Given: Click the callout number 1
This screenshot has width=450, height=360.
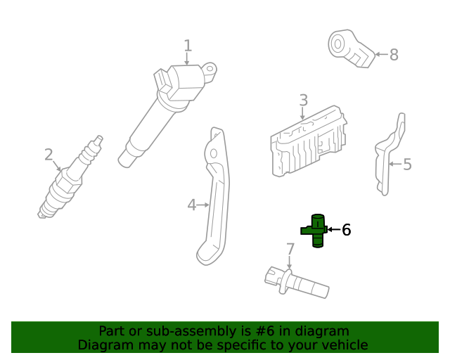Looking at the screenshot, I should click(188, 46).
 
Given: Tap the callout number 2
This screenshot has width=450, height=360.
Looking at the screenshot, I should click(49, 154).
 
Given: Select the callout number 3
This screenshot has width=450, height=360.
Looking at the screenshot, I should click(303, 101).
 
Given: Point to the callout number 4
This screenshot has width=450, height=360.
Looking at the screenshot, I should click(192, 205).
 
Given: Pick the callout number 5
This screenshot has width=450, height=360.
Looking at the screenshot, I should click(407, 165).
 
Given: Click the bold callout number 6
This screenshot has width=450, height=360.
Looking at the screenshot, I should click(345, 230).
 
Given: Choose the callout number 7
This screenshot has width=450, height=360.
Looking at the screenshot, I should click(289, 249).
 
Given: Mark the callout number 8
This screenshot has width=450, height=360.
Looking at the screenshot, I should click(394, 54).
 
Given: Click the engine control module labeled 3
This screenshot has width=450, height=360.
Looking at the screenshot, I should click(308, 141).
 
